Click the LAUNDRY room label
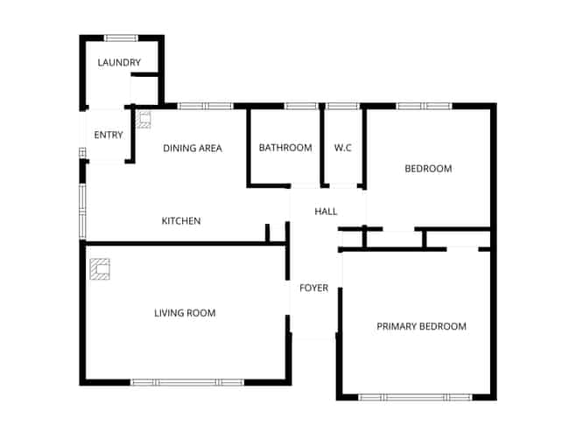point(119,62)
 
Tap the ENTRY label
point(109,135)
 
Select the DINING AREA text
point(193,149)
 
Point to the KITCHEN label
point(181,221)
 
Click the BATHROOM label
point(285,148)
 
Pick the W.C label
point(343,148)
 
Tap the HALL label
point(326,212)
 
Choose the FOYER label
point(313,288)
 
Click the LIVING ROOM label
point(185,313)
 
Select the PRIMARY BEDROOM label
point(421,326)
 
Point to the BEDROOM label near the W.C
point(428,169)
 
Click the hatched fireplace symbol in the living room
point(100,269)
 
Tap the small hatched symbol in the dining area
point(144,120)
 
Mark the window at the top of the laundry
point(121,38)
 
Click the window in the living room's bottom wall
point(187,383)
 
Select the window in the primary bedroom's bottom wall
point(415,397)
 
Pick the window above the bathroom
point(301,107)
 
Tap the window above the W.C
point(342,107)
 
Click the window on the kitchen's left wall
point(82,212)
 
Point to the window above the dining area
point(206,107)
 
